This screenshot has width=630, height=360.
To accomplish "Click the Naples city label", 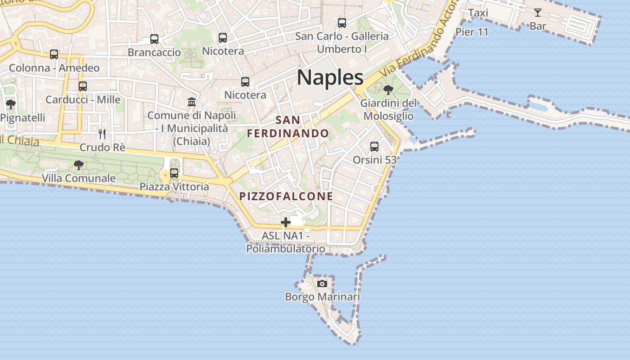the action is (330, 77).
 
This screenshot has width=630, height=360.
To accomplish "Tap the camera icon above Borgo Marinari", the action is (322, 283).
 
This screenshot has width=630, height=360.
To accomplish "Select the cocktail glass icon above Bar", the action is (537, 13).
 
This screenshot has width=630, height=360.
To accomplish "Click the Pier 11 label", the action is (472, 32).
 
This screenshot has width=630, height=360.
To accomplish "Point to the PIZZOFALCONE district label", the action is (286, 196).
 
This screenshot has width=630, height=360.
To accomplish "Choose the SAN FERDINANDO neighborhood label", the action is (288, 127).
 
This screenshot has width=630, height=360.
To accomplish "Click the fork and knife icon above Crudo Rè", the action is (102, 134).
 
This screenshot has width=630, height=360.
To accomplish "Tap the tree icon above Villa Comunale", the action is (79, 165).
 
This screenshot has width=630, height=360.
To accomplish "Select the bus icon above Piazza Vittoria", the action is (174, 173).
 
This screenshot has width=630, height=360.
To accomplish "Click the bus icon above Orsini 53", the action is (374, 147).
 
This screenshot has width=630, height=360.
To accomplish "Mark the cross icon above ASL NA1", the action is (285, 222).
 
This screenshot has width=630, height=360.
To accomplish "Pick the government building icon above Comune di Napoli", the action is (192, 102).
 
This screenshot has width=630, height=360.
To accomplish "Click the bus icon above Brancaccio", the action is (154, 39).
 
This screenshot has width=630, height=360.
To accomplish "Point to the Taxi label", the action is (478, 13).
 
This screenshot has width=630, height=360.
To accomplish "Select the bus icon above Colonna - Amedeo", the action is (54, 54).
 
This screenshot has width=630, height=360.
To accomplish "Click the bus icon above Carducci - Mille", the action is (83, 86).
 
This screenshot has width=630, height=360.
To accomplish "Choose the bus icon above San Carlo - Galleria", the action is (342, 23).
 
